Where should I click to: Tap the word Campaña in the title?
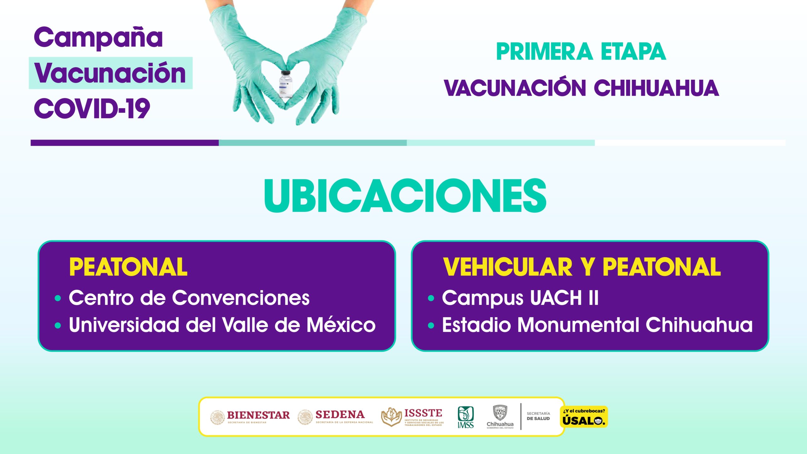pos(98,38)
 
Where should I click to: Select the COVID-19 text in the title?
pos(92,108)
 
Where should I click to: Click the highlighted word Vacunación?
pos(110,73)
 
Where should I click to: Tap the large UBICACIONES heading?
pos(405,196)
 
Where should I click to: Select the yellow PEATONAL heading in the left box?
pos(128,267)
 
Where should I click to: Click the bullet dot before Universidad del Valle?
pos(58,325)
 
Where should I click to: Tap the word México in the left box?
pos(341,324)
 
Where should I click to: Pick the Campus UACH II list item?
pos(520,298)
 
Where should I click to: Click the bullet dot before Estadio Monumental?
pos(431,325)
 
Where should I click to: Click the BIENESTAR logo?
pos(250,417)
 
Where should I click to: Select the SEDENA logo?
pos(335,417)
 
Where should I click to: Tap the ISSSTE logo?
pos(412,417)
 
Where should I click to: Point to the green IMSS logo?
pos(466,417)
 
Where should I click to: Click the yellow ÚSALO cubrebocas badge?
pos(584,417)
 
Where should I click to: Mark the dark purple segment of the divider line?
pos(125,143)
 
